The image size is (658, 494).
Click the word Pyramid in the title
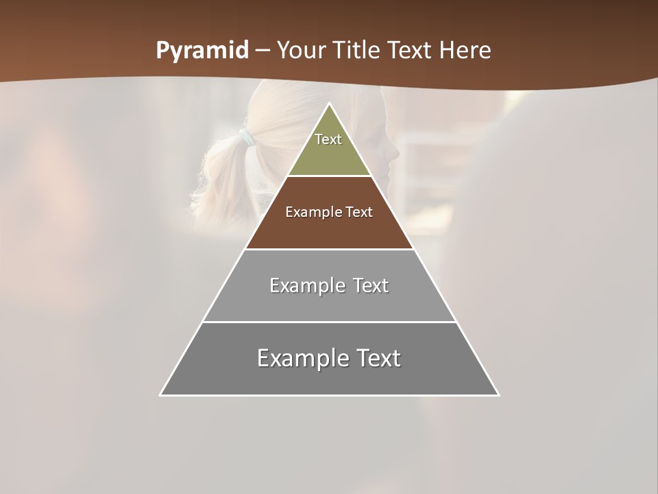(x=202, y=51)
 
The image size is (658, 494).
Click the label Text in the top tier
(x=328, y=139)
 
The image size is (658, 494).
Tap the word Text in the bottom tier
(x=376, y=358)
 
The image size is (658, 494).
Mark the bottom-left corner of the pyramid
(x=161, y=395)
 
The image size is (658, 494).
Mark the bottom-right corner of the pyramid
(x=498, y=395)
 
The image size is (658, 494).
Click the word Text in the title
(x=410, y=51)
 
